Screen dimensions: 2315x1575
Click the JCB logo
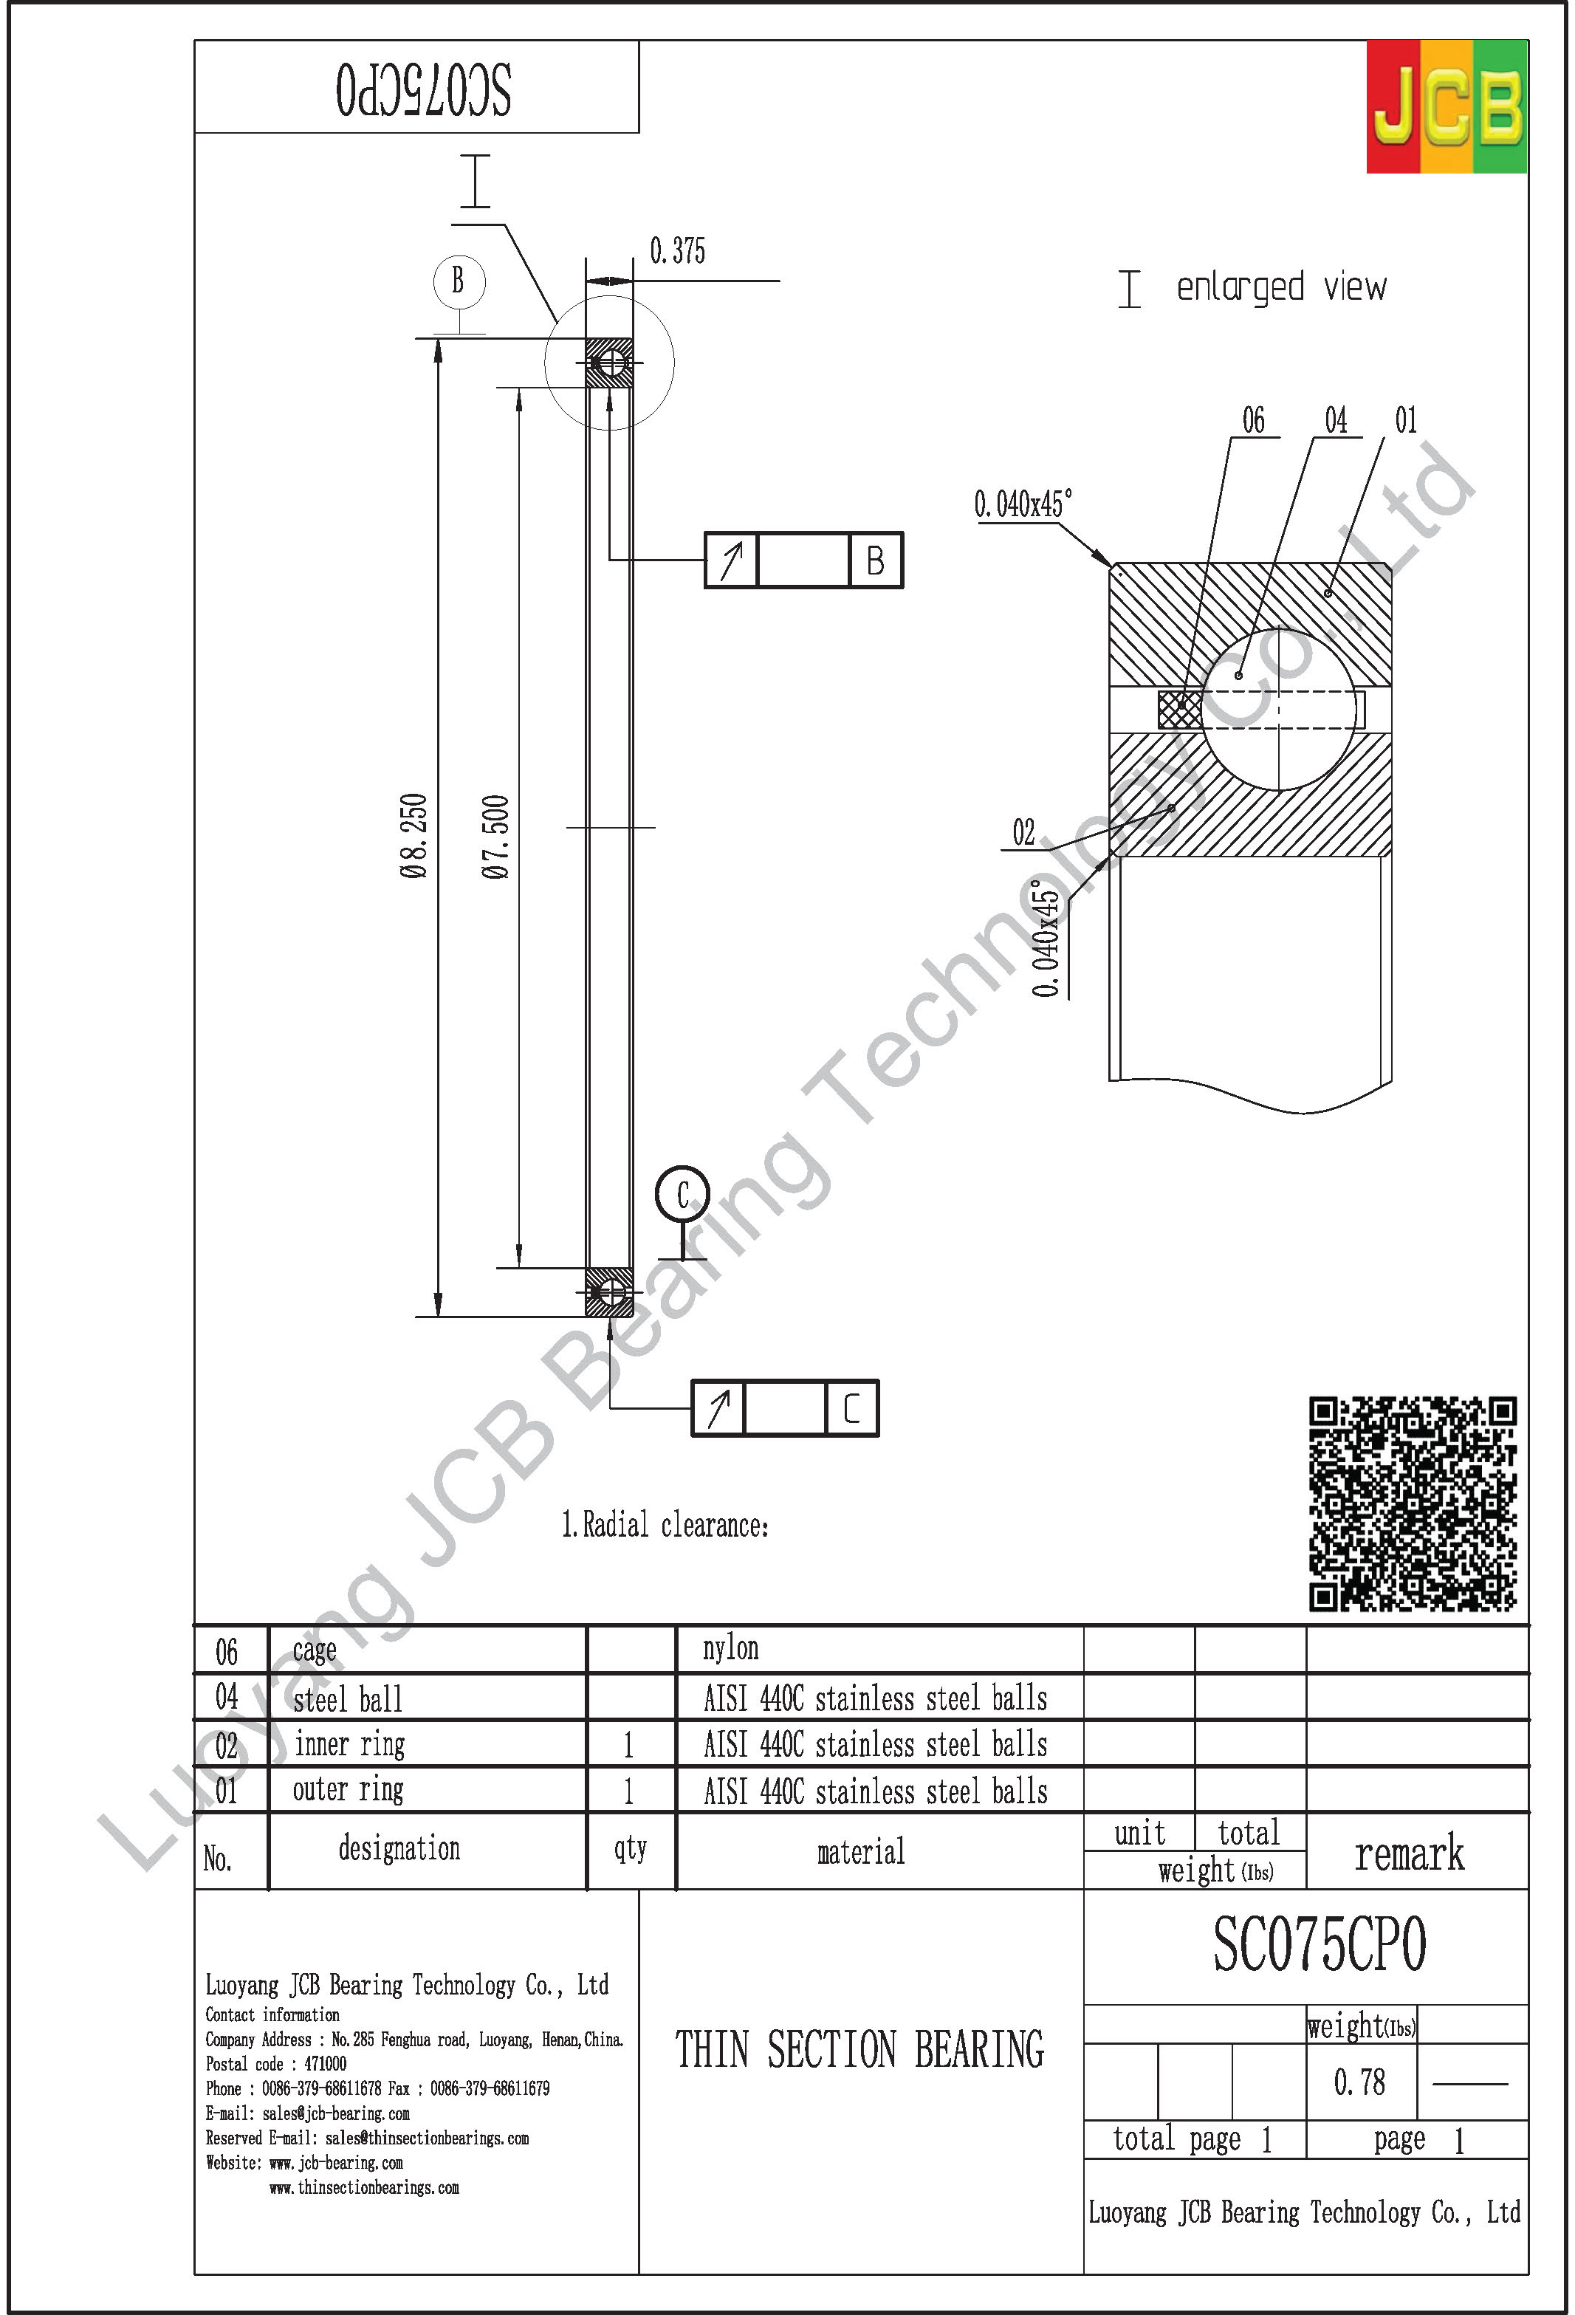[x=1446, y=106]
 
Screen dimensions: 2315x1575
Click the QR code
[x=1412, y=1503]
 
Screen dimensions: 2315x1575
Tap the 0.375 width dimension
[x=677, y=251]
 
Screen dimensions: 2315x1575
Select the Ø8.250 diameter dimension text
[x=414, y=834]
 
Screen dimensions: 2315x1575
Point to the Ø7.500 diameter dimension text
[x=495, y=836]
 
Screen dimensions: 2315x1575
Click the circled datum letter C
[x=682, y=1194]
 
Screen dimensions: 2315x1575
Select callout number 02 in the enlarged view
[x=1023, y=831]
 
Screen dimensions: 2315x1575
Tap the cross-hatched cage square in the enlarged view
[x=1178, y=709]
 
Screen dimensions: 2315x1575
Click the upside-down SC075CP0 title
[x=422, y=89]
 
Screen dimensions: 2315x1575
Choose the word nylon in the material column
[x=730, y=1650]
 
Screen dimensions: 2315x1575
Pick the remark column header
[x=1409, y=1853]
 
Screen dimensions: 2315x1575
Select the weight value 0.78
[x=1359, y=2082]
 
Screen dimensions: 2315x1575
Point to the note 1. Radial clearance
[x=665, y=1525]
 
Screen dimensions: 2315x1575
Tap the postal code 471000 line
[x=276, y=2064]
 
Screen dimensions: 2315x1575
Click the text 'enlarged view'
[x=1280, y=288]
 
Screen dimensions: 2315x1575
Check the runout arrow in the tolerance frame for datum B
[x=731, y=560]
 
